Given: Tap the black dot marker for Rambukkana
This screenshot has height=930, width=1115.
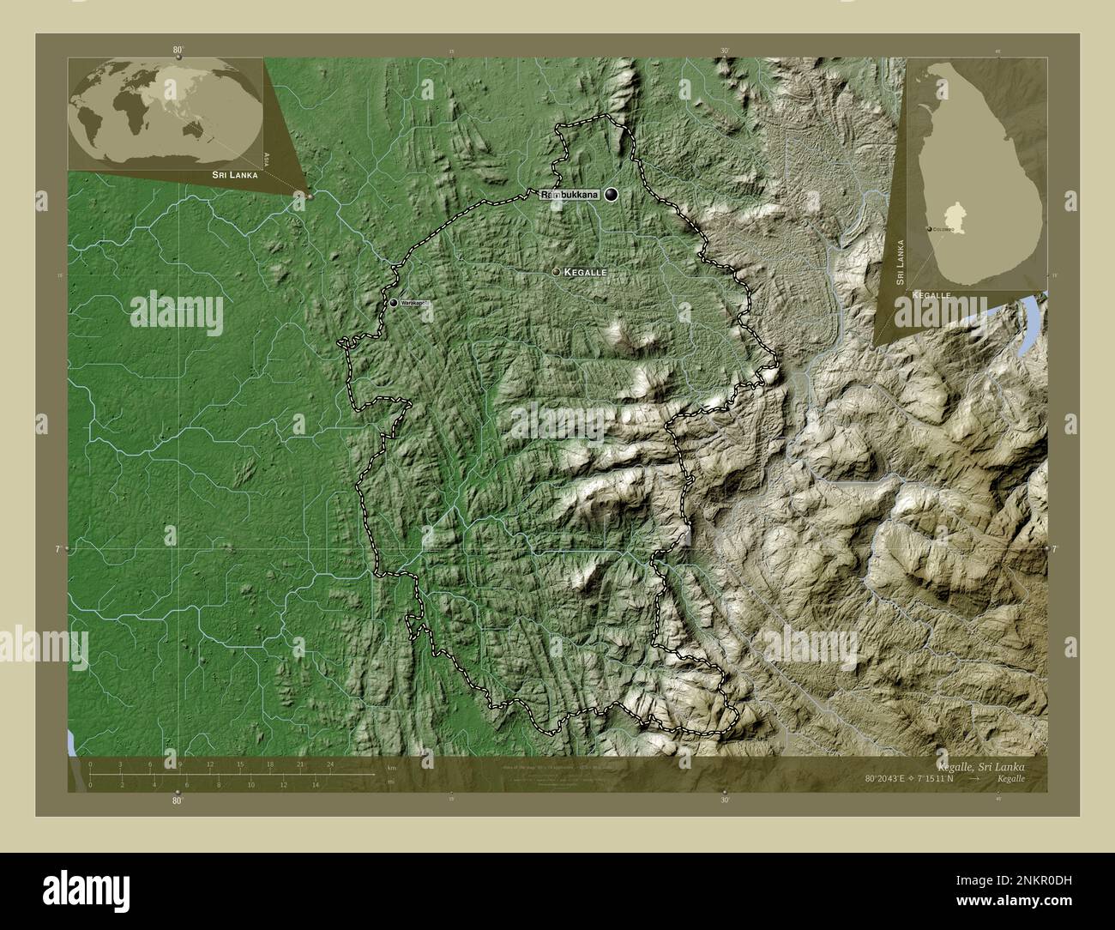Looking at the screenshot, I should click(611, 196).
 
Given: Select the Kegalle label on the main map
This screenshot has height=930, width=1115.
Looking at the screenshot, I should click(586, 271).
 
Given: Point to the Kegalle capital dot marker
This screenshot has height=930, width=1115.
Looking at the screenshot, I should click(557, 271).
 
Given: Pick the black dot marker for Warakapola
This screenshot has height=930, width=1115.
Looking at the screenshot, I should click(394, 303).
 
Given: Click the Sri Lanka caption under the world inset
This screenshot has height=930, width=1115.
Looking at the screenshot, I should click(230, 174).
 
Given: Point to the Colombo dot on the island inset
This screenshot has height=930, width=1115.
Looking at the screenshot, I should click(930, 229).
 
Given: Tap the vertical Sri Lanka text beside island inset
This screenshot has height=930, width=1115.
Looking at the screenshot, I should click(900, 250).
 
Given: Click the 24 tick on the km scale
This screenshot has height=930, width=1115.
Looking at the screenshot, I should click(330, 764).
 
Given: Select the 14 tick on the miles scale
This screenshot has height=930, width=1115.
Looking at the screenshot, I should click(316, 784).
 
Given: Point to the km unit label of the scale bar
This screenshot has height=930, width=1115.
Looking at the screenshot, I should click(391, 767).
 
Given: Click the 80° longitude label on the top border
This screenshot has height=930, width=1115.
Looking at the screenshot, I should click(178, 51).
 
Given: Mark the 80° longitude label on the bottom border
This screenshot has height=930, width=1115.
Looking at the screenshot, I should click(178, 800).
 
